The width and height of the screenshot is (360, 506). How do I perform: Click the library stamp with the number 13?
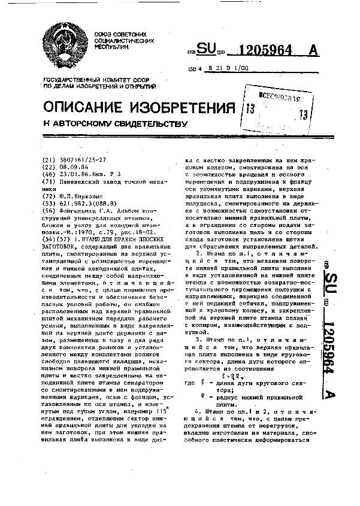[277, 108]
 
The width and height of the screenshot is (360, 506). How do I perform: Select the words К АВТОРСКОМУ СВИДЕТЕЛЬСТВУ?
[112, 123]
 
